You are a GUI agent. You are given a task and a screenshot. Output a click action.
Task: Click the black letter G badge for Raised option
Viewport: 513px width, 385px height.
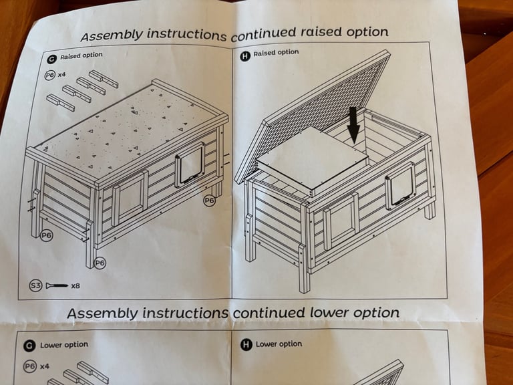tap(51, 59)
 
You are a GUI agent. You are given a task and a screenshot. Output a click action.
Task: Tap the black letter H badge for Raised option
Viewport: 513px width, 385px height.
tap(245, 56)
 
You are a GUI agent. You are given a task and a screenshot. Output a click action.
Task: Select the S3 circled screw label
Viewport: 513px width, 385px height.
tap(35, 285)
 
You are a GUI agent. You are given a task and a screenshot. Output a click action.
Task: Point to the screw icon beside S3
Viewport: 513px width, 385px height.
tap(57, 286)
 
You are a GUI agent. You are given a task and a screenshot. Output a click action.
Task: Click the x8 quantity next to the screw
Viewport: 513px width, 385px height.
tap(75, 286)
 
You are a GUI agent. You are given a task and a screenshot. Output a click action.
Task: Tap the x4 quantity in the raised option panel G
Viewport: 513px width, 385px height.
tap(62, 75)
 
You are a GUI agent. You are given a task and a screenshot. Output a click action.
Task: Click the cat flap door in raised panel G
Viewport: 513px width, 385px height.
tap(190, 165)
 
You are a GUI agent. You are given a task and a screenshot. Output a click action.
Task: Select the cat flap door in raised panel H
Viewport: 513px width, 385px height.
tap(400, 186)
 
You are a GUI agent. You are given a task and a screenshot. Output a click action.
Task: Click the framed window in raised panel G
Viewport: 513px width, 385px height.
tap(130, 199)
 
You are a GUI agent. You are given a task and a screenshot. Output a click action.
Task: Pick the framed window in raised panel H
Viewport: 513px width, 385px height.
tap(341, 221)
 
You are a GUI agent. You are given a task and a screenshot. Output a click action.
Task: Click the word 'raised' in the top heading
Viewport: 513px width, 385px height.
tap(321, 32)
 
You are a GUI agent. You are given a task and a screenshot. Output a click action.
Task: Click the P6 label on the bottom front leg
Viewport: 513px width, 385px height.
tap(100, 263)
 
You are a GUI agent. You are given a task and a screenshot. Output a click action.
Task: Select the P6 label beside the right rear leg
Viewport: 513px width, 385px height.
tap(209, 201)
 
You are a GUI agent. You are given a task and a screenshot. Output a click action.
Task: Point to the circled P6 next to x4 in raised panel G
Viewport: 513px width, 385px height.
tap(49, 76)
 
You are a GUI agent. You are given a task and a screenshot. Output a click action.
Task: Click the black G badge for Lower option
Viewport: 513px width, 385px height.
tap(29, 346)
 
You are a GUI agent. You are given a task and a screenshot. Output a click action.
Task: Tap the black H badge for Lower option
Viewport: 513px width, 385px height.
tap(246, 344)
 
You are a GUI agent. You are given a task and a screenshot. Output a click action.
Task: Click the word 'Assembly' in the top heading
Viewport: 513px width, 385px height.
tap(112, 35)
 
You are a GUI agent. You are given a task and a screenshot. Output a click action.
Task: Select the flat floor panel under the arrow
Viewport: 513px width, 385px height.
tap(313, 160)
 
